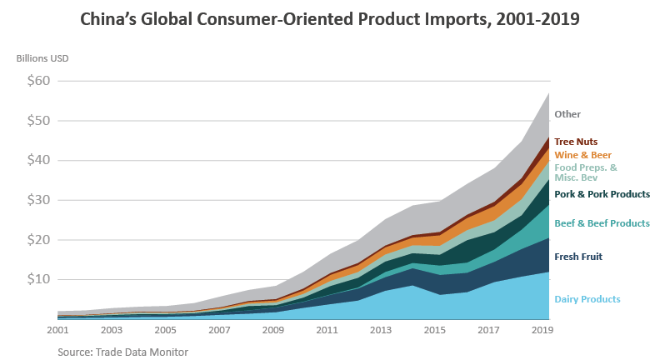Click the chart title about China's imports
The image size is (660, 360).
click(x=329, y=19)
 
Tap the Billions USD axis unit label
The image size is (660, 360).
click(x=42, y=58)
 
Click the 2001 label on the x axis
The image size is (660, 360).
click(x=57, y=331)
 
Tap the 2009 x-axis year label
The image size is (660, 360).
click(x=274, y=331)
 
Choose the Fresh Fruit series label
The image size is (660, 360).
click(x=578, y=257)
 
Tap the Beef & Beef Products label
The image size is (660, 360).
click(x=602, y=223)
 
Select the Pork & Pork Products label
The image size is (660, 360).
click(x=602, y=194)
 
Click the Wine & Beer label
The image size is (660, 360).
click(x=583, y=155)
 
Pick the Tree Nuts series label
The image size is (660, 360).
click(x=576, y=142)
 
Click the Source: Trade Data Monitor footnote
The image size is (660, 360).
click(x=122, y=352)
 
